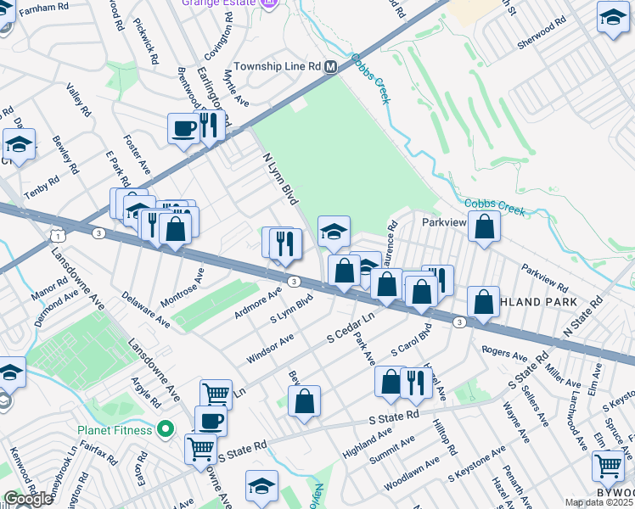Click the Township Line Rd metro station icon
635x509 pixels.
pyautogui.click(x=332, y=66)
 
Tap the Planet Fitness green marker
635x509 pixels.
pyautogui.click(x=166, y=430)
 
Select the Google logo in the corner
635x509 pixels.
pyautogui.click(x=28, y=499)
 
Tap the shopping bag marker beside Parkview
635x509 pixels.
pyautogui.click(x=484, y=227)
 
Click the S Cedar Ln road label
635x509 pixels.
pyautogui.click(x=351, y=327)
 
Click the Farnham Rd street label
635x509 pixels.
pyautogui.click(x=43, y=8)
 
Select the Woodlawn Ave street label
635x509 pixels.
pyautogui.click(x=412, y=472)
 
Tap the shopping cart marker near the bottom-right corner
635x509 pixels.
pyautogui.click(x=608, y=466)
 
